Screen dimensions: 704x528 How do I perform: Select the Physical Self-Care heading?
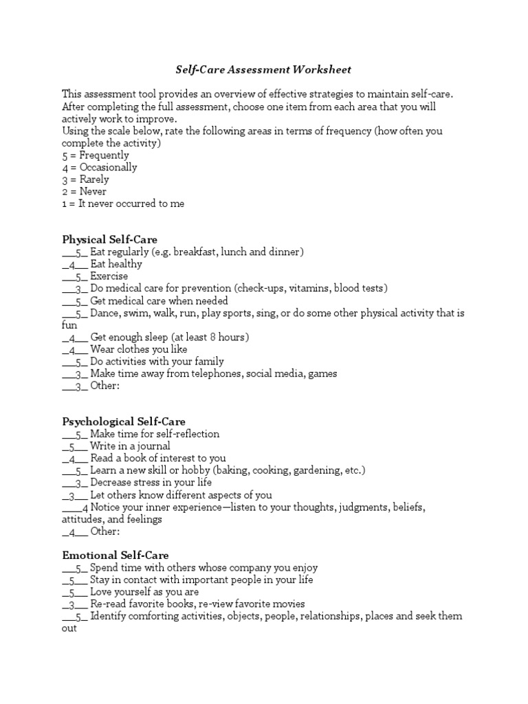click(110, 240)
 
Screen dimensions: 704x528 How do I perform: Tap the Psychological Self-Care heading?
click(124, 421)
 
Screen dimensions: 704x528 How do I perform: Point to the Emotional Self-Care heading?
click(115, 555)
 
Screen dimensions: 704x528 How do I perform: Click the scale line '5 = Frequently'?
click(96, 155)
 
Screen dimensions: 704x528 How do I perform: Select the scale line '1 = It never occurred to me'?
click(123, 203)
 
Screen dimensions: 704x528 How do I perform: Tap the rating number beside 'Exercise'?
click(78, 277)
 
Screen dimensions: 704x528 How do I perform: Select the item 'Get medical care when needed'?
click(159, 301)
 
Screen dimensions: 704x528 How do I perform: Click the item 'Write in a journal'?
click(130, 446)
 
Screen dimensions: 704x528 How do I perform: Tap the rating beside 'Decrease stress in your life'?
click(78, 483)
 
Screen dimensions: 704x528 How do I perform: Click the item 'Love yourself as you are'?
click(144, 592)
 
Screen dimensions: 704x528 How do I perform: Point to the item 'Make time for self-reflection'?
click(155, 434)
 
